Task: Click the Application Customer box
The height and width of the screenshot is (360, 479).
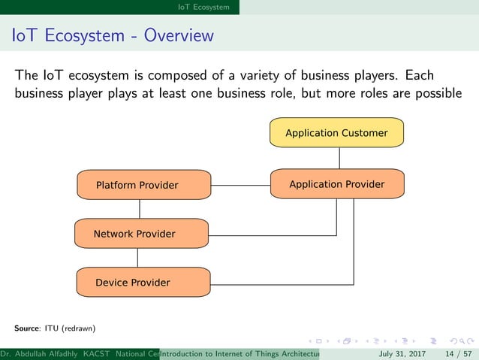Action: (336, 133)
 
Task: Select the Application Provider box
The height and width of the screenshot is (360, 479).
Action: (336, 184)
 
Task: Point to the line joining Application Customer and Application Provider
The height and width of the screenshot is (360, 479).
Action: (339, 159)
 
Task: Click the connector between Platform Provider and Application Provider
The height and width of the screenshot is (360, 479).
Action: (239, 184)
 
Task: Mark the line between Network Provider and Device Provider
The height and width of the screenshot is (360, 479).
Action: (137, 258)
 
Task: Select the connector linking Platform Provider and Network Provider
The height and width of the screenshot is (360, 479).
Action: (137, 209)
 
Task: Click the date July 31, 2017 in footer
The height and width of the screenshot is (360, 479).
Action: (402, 353)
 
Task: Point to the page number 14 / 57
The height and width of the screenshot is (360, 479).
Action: (459, 353)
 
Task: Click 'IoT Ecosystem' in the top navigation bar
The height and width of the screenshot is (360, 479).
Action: (203, 7)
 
